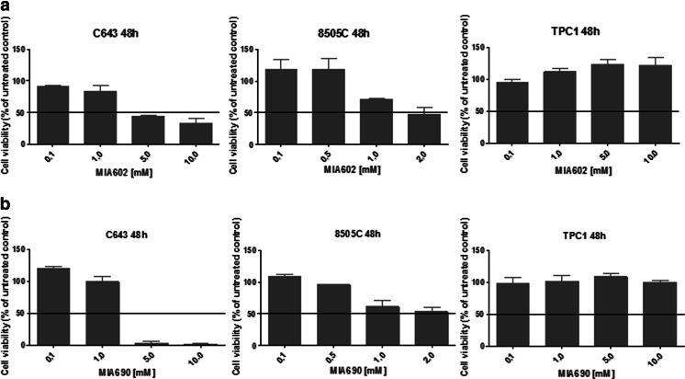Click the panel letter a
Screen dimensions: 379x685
pos(6,6)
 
